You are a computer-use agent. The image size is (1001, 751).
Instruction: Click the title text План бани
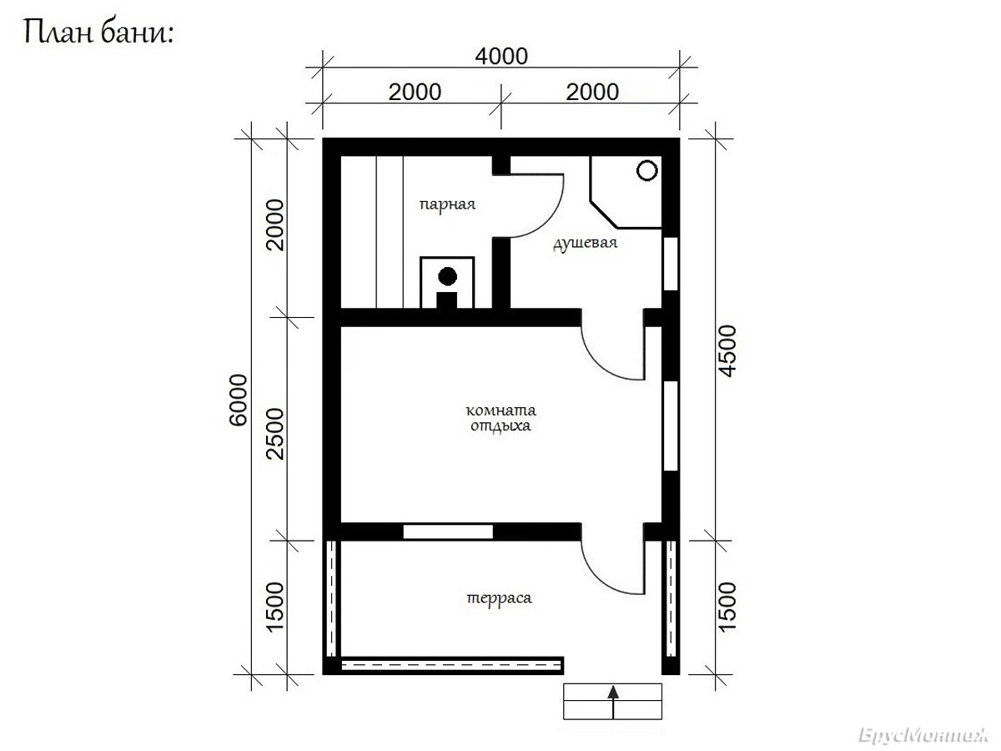98,33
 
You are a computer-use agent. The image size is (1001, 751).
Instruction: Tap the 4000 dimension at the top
501,57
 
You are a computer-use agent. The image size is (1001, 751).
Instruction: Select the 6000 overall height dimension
238,401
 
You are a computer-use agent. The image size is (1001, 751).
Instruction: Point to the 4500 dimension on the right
727,350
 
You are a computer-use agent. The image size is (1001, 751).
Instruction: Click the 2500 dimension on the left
275,434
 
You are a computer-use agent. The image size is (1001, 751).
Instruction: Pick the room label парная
447,204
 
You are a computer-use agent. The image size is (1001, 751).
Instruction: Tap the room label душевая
585,243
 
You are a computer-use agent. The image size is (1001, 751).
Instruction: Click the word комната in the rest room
500,411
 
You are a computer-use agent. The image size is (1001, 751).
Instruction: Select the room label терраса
499,597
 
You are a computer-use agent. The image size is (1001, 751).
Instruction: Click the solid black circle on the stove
447,276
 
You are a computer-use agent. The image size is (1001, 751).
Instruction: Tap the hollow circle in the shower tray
646,170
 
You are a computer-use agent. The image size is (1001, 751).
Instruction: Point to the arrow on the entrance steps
613,702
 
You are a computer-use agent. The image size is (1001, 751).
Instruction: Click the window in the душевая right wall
671,263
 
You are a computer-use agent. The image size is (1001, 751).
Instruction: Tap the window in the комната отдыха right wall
671,426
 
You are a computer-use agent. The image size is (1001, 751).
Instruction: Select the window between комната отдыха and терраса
448,532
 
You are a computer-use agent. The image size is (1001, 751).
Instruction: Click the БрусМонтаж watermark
923,735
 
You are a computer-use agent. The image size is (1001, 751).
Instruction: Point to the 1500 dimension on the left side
275,607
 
